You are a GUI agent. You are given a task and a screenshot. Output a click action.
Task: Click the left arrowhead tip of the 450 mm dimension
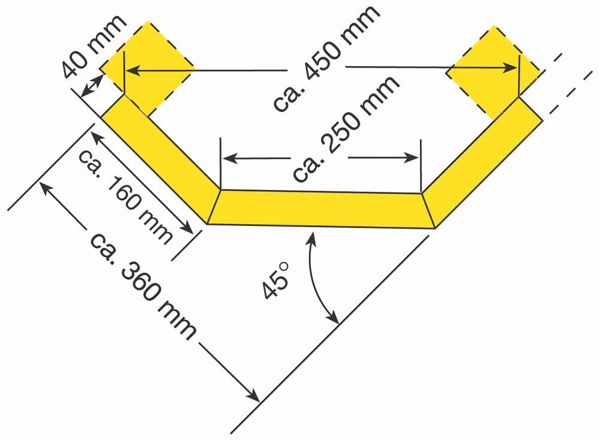coord(126,70)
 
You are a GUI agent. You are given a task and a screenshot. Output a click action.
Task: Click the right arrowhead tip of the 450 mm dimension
coord(518,68)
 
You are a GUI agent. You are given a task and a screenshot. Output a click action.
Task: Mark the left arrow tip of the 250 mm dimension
coord(222,158)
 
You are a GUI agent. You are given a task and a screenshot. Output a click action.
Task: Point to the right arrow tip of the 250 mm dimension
coord(419,158)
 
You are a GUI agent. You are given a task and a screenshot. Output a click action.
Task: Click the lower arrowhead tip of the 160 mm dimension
coord(193,232)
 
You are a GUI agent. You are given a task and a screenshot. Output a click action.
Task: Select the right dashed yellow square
coord(494,73)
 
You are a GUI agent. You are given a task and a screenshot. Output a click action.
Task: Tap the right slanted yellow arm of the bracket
coord(482,163)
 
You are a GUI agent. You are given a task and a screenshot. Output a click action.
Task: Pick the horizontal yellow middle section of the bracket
coord(321,209)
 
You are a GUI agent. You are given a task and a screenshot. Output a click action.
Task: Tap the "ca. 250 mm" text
coord(346,128)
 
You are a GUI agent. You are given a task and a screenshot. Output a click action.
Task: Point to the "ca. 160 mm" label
coord(126,196)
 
